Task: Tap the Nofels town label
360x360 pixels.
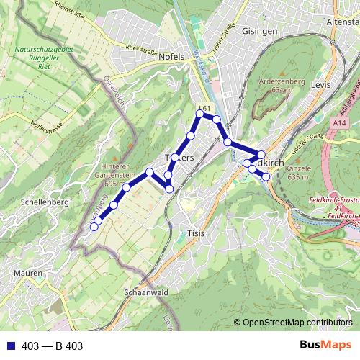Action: tap(170, 56)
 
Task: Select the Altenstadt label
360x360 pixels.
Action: tap(343, 23)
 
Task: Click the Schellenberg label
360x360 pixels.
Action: tap(45, 202)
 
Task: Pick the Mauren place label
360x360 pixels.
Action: tap(27, 274)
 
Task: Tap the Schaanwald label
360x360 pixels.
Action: tap(146, 293)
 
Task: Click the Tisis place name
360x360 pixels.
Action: tap(197, 234)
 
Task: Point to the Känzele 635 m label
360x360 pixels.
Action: tap(297, 172)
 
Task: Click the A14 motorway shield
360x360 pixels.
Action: tap(339, 125)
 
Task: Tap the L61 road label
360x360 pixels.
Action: tap(204, 108)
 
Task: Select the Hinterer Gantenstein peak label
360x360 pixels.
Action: tap(120, 170)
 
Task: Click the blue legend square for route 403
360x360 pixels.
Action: tap(9, 346)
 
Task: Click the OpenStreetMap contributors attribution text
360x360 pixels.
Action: tap(297, 323)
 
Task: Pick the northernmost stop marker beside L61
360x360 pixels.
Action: tap(200, 114)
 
